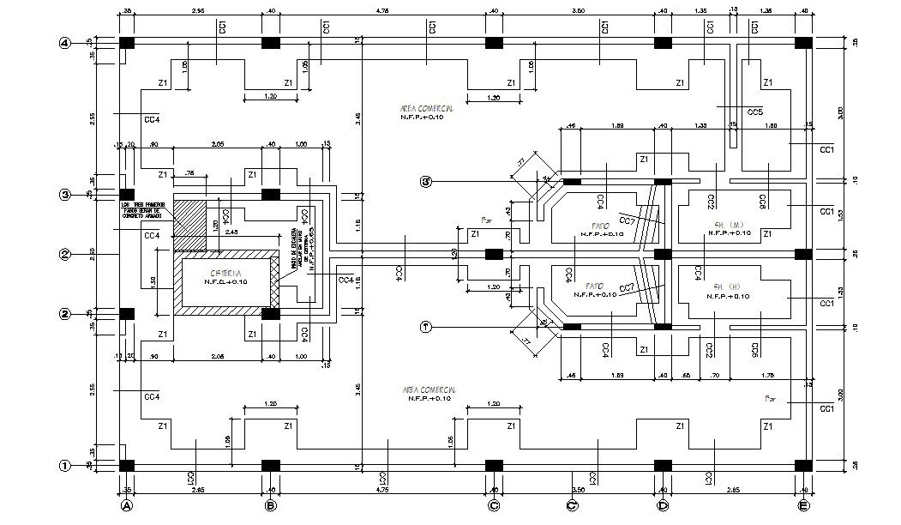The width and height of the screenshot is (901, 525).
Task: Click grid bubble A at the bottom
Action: tap(126, 505)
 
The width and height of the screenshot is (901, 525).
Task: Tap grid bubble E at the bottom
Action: tap(803, 505)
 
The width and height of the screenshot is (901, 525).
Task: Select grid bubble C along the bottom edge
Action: tap(494, 505)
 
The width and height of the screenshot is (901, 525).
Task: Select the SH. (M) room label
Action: tap(728, 225)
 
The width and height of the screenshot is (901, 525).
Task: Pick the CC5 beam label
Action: tap(755, 112)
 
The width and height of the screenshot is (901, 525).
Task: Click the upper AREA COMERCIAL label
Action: tap(426, 109)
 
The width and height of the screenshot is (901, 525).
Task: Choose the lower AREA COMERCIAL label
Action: tap(426, 390)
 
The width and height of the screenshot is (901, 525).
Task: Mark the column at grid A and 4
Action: tap(126, 43)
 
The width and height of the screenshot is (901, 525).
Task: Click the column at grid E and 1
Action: tap(803, 465)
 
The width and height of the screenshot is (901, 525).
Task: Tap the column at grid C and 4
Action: tap(494, 43)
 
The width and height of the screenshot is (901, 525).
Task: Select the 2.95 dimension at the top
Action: tap(197, 10)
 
